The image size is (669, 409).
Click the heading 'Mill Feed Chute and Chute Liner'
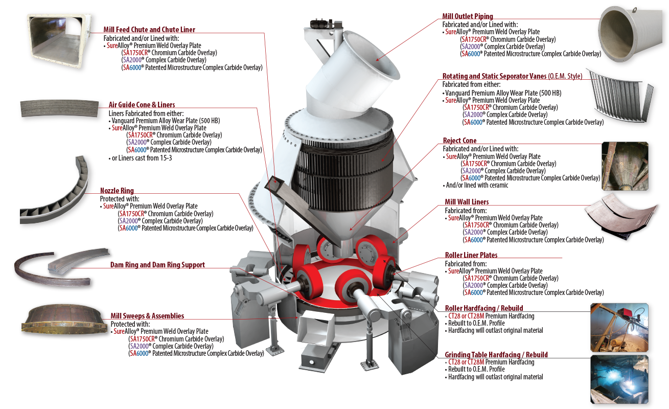click(149, 30)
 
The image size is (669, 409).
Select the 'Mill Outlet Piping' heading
click(468, 17)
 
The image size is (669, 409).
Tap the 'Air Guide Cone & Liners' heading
click(142, 105)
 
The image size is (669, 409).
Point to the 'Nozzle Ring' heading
click(117, 191)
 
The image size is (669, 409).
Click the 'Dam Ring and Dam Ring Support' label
click(157, 265)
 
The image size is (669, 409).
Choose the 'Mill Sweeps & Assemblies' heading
click(147, 316)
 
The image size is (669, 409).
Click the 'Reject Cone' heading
click(460, 141)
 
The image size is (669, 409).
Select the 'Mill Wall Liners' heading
click(467, 202)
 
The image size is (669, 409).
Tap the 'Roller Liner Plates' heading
click(471, 255)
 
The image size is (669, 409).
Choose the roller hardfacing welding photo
click(619, 324)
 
